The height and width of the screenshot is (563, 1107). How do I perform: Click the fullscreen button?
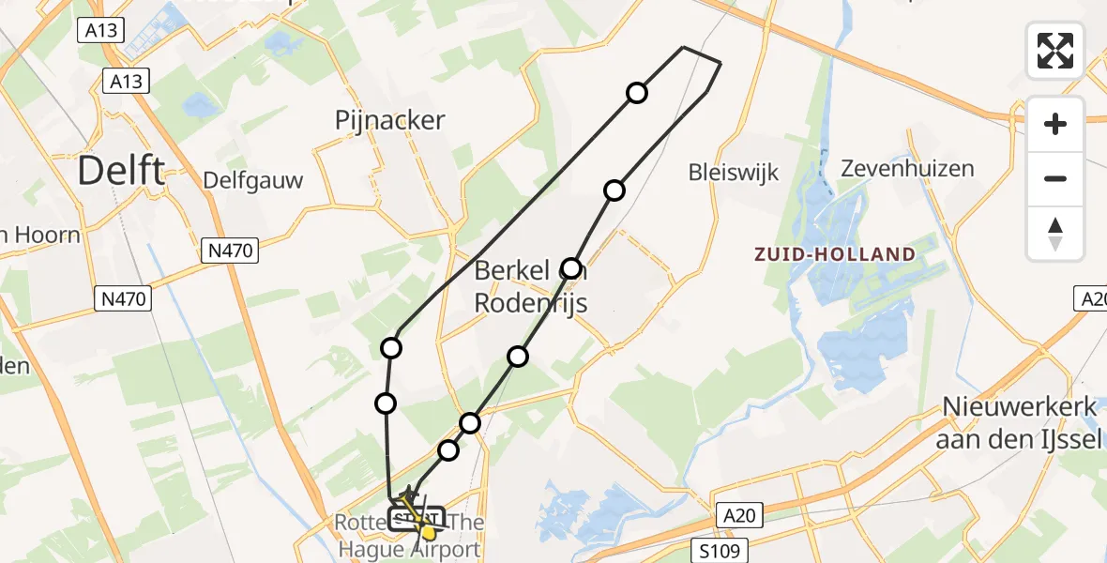tap(1055, 51)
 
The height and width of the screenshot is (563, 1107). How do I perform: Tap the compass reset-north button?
tap(1055, 234)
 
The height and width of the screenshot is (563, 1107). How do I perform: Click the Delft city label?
tap(120, 172)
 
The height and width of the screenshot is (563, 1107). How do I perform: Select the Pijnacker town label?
tap(389, 120)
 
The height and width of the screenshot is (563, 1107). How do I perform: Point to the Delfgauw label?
tap(252, 180)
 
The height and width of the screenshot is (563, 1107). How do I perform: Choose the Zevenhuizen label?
tap(907, 169)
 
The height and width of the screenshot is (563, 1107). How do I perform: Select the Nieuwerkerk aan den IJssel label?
tap(1022, 423)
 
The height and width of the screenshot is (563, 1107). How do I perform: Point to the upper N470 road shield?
tap(230, 251)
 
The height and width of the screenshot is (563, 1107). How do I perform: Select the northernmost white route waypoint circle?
tap(637, 92)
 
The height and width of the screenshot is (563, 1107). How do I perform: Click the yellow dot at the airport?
tap(429, 532)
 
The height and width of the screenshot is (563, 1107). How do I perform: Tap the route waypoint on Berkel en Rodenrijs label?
tap(570, 268)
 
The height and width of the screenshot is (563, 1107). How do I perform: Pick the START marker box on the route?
tap(413, 519)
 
